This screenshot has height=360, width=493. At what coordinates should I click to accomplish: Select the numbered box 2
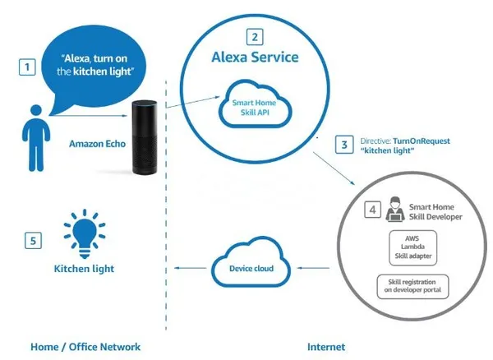(255, 36)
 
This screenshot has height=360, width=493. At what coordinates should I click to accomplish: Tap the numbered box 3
(345, 145)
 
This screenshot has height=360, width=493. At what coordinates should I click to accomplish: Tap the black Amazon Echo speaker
(145, 136)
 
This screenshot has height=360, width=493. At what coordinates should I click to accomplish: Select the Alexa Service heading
(256, 58)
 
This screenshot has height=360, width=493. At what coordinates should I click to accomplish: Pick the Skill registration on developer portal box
(416, 285)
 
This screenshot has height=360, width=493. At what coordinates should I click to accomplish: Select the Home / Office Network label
(80, 346)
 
